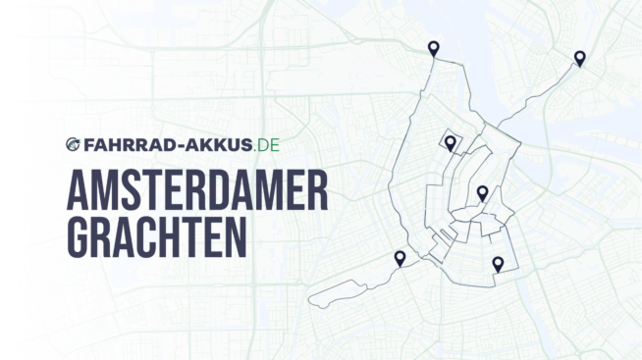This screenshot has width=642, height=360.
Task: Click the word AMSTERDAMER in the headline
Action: click(x=196, y=190)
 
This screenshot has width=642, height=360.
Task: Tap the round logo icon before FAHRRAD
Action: click(x=73, y=145)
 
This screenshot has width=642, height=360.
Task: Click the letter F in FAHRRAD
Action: click(x=86, y=145)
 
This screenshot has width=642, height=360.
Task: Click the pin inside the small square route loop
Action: click(x=450, y=143)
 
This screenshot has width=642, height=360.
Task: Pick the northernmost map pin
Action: click(x=433, y=48)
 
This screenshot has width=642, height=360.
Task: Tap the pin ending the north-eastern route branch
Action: click(x=580, y=58)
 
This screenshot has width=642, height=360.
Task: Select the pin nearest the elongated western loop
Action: click(x=400, y=258)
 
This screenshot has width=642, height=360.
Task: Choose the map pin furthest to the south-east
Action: click(x=498, y=263)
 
